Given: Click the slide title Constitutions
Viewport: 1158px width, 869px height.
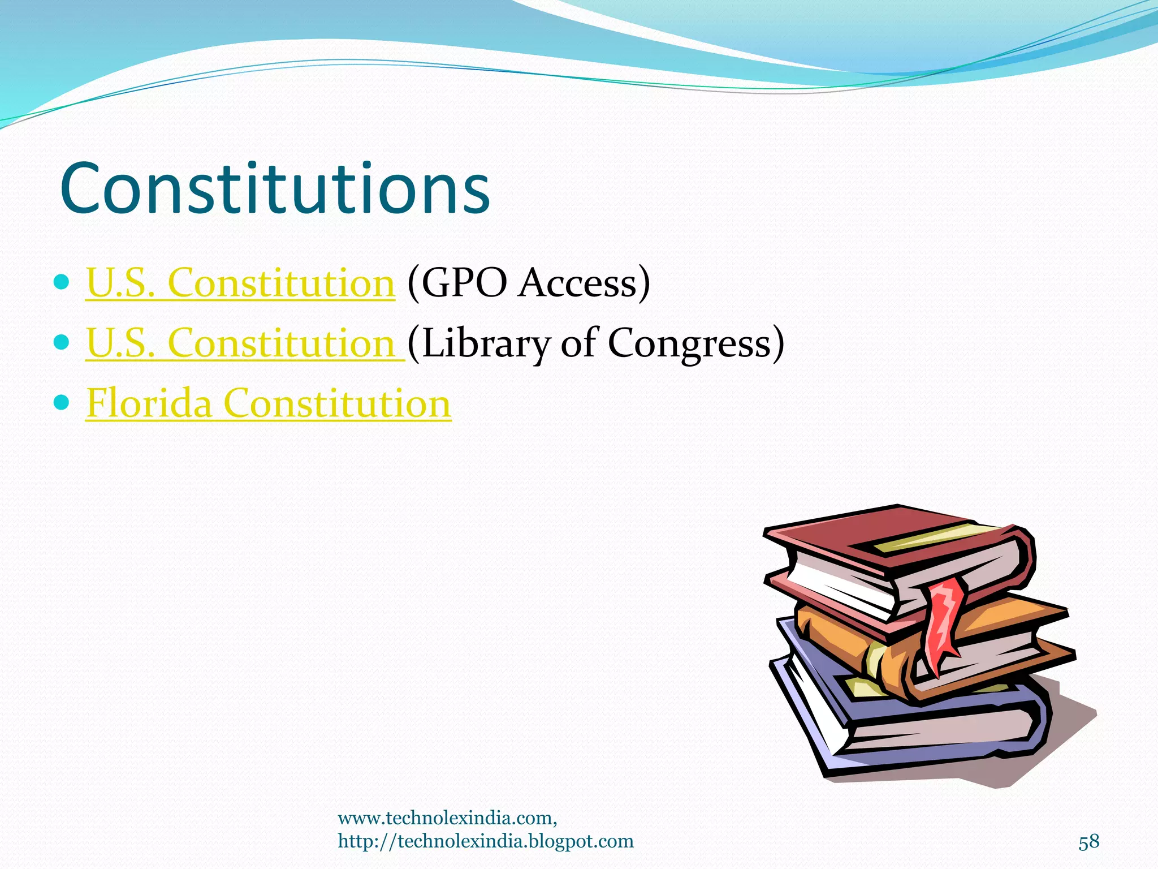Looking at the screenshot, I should [x=275, y=190].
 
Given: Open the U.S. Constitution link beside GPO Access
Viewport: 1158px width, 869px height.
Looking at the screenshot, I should [x=240, y=282].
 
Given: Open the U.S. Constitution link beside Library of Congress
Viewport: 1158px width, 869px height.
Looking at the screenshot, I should [x=244, y=343].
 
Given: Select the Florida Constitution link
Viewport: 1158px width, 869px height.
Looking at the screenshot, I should [x=268, y=403].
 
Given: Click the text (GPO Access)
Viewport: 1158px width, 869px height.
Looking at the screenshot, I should [x=528, y=282].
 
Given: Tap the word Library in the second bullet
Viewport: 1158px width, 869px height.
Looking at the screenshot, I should [x=485, y=343].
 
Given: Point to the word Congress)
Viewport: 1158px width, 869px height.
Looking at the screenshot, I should [x=695, y=343].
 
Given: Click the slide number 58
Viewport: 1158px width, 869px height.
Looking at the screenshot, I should [x=1088, y=842].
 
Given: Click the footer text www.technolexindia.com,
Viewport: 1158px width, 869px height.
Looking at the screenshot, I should [x=447, y=818].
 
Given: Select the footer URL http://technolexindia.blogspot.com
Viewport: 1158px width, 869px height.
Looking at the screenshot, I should [x=485, y=841].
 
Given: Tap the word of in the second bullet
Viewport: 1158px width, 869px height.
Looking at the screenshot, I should [x=578, y=343].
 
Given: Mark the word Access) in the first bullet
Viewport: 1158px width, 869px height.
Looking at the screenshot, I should [x=584, y=282].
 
